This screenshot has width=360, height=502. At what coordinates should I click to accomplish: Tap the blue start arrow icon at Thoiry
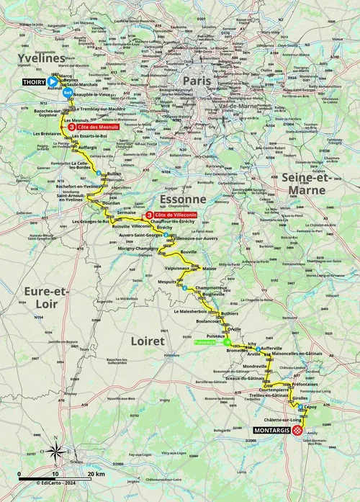coord(53,82)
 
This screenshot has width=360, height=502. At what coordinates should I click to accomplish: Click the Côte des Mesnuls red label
coord(97,125)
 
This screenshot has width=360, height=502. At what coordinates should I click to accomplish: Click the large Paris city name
coord(197,80)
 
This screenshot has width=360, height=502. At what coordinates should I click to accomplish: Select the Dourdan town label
coord(112,203)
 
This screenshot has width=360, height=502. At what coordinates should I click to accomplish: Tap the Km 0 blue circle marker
coord(68,93)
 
